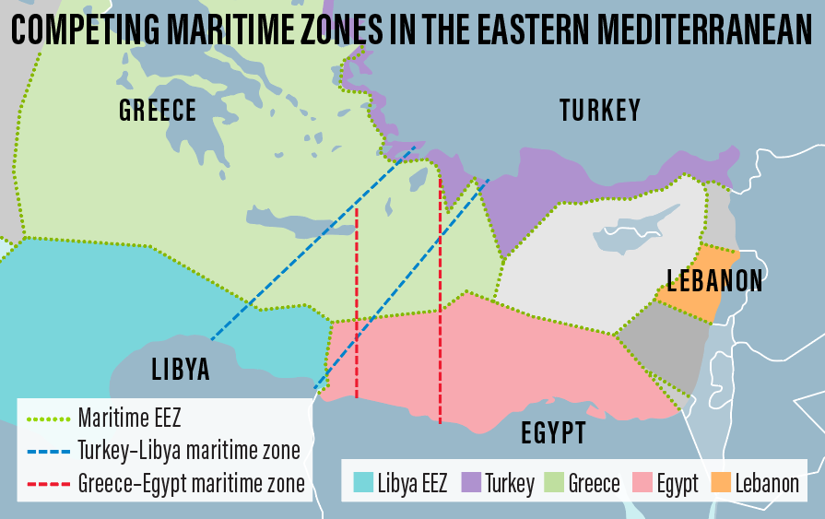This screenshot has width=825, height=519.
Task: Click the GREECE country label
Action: pos(158,111)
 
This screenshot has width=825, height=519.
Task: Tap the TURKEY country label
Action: pos(599,112)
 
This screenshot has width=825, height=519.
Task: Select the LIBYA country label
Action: pos(181,370)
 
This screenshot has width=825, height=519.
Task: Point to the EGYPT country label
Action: pos(553,432)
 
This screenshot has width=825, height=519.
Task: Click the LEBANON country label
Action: pos(715,280)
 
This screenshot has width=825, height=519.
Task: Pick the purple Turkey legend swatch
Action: pos(471,482)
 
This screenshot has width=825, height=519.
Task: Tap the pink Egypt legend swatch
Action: pos(642,482)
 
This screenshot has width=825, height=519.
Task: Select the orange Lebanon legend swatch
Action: pos(721,482)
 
